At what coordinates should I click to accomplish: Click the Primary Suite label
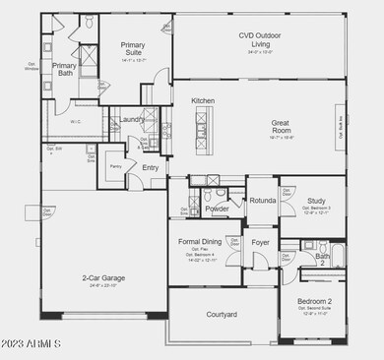[132, 49]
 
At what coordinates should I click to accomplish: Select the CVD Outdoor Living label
[260, 39]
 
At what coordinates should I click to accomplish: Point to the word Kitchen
[203, 101]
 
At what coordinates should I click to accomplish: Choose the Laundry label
[133, 120]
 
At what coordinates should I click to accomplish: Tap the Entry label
[150, 167]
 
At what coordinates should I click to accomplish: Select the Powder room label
[217, 209]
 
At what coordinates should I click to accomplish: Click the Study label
[316, 201]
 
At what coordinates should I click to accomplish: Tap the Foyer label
[260, 241]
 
